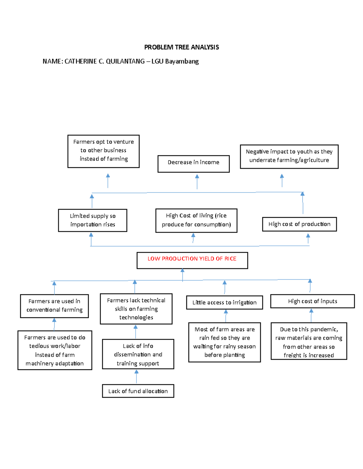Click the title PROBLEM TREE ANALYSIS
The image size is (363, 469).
[181, 47]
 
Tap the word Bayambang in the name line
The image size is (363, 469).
[182, 61]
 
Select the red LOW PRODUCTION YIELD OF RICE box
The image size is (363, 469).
[192, 260]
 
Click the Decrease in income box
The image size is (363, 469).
[194, 164]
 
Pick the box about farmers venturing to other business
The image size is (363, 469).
[103, 151]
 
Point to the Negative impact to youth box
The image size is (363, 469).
[289, 156]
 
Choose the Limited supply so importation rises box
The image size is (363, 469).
[93, 220]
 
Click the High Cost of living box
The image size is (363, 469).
[196, 220]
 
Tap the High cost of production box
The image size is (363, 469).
[299, 224]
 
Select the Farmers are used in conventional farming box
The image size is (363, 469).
[54, 306]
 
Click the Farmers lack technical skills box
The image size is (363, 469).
[136, 309]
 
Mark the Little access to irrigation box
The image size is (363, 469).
[224, 302]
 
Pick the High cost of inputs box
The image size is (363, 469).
[312, 301]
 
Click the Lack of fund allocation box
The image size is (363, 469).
[138, 391]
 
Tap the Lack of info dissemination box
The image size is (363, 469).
[138, 354]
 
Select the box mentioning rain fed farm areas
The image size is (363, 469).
[224, 342]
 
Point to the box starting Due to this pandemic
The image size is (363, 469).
[309, 341]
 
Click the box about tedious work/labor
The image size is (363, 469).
[55, 350]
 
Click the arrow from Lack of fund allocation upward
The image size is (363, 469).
[136, 377]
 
